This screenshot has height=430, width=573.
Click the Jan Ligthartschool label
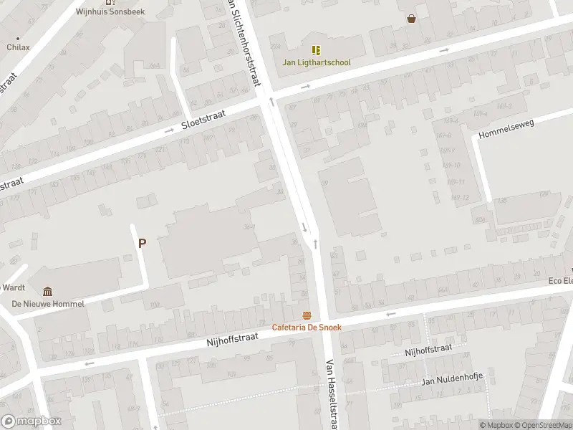click(x=316, y=62)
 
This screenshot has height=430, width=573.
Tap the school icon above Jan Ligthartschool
click(x=316, y=50)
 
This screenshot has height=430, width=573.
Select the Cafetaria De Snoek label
click(x=307, y=328)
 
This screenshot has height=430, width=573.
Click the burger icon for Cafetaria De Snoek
click(x=307, y=316)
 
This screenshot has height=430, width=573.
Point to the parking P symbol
click(x=142, y=243)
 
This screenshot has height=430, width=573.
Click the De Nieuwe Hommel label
click(x=47, y=304)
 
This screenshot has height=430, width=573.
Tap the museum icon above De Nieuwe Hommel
click(x=47, y=291)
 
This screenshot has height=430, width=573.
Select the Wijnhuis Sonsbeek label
click(x=110, y=12)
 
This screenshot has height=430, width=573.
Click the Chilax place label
click(x=18, y=47)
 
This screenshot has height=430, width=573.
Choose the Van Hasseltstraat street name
click(x=332, y=394)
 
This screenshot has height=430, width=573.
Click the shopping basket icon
click(x=411, y=19)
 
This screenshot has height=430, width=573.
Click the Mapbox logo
click(x=32, y=421)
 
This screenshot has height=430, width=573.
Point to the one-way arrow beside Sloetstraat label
click(x=170, y=130)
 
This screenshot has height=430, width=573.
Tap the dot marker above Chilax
click(x=18, y=38)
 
